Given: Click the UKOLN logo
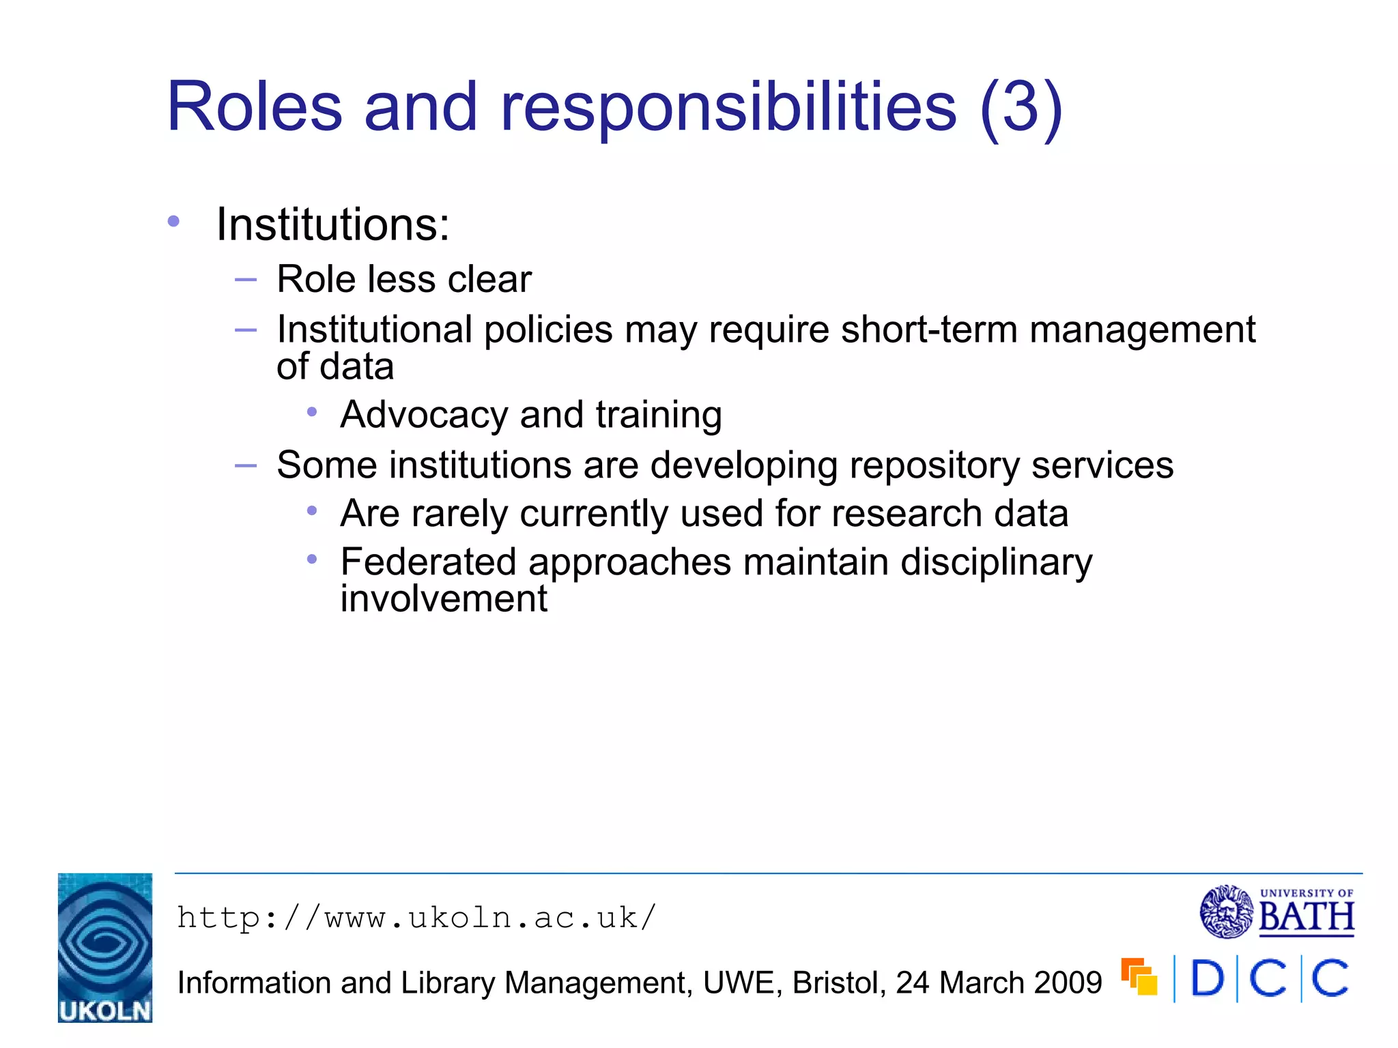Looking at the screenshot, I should (105, 947).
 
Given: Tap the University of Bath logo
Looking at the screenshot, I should (1276, 912).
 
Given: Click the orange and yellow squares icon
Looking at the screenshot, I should (1139, 976).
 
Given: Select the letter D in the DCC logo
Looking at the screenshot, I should (1208, 978).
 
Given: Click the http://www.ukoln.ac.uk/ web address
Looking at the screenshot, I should (416, 918).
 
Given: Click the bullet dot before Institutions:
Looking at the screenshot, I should (173, 221).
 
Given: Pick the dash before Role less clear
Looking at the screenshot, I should (245, 279).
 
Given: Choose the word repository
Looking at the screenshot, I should (933, 465).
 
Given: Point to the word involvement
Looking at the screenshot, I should (444, 599).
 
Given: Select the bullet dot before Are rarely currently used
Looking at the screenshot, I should (312, 510).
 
